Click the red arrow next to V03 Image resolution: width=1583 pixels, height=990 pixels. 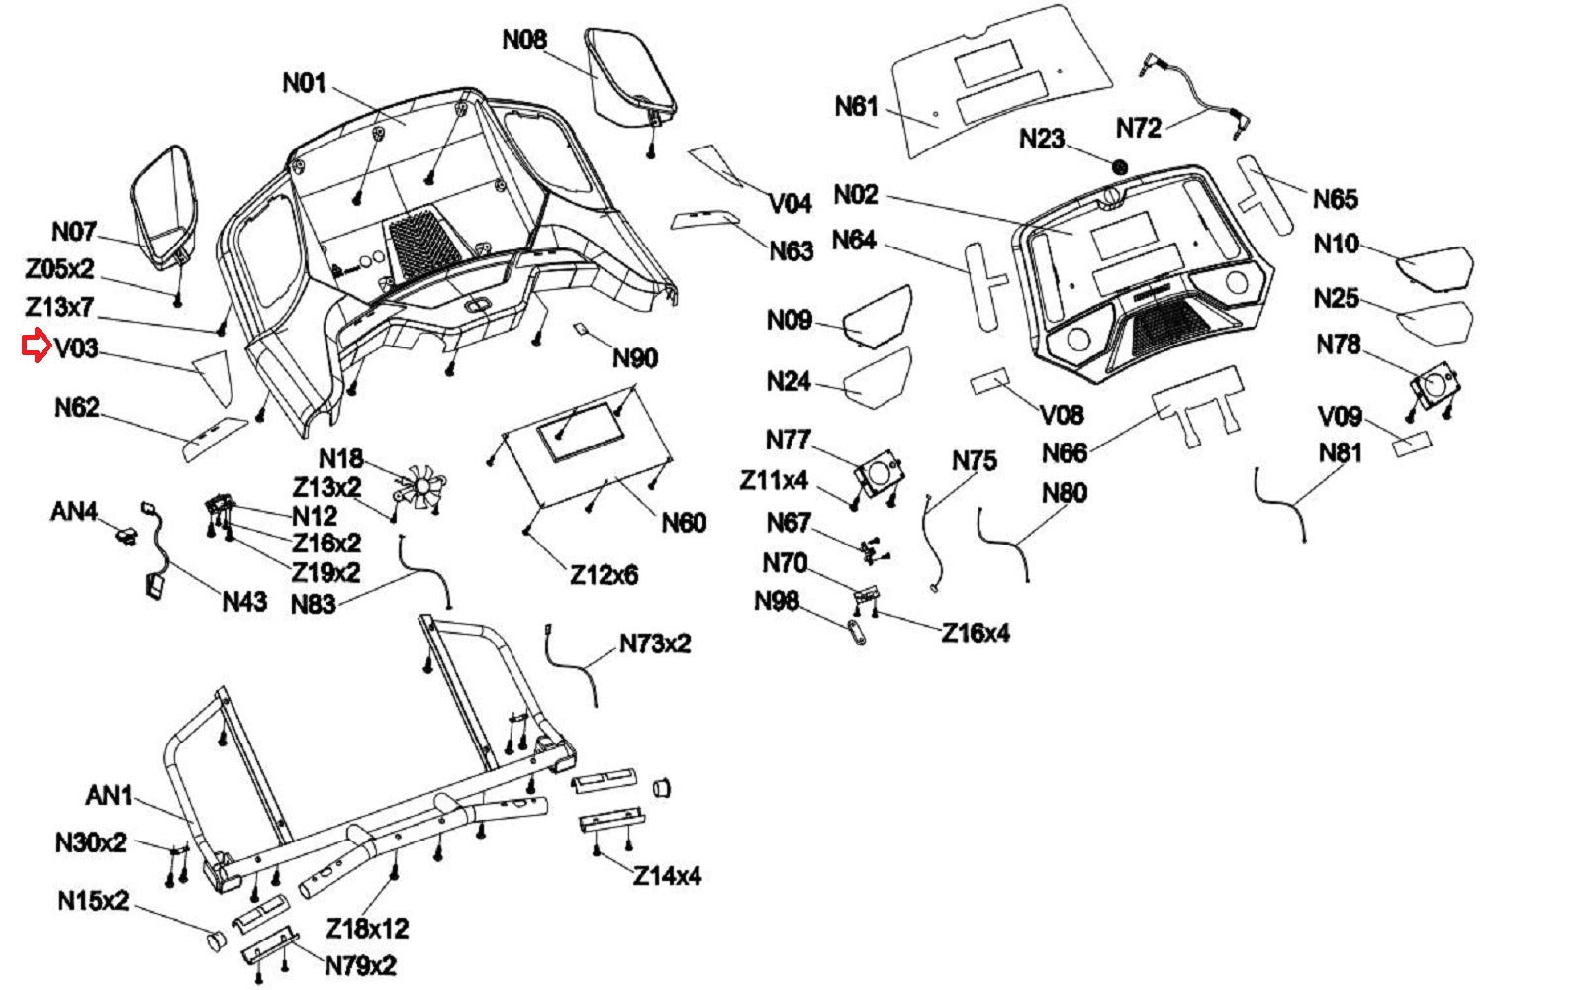click(36, 346)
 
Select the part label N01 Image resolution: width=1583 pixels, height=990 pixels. click(304, 82)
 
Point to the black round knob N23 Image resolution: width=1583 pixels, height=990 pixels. click(1120, 167)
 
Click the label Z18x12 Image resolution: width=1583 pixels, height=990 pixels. click(367, 928)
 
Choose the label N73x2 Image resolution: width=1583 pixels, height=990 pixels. click(655, 643)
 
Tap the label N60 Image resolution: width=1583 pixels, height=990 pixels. click(684, 522)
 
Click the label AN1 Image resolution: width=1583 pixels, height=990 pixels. click(109, 795)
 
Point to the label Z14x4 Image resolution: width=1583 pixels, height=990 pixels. click(667, 876)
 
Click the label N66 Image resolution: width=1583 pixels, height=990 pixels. click(1065, 453)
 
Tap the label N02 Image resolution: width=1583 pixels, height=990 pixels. click(856, 194)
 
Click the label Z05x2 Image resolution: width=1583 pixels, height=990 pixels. click(59, 268)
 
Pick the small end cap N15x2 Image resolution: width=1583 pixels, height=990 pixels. click(213, 939)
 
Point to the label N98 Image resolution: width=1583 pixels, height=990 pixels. click(777, 601)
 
